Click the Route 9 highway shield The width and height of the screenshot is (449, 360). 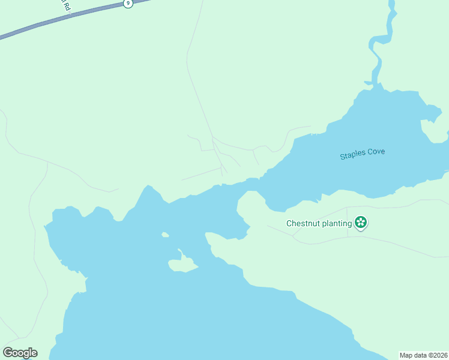[128, 4]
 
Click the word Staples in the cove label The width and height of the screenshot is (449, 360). [351, 155]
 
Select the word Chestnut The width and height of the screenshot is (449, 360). [302, 224]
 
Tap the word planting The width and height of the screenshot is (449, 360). [336, 224]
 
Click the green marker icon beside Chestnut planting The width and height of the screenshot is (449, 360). [361, 223]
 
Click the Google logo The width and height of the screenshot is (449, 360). [20, 353]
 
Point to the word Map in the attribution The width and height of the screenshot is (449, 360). [408, 355]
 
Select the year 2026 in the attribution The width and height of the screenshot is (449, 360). [439, 355]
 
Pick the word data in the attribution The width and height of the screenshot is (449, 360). [422, 355]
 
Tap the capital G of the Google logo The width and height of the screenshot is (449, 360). [8, 353]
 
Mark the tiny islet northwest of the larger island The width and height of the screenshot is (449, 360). [164, 235]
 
